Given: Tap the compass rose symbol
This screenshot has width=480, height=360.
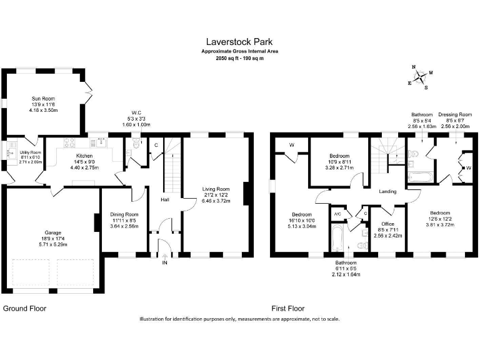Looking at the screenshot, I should pos(422,77).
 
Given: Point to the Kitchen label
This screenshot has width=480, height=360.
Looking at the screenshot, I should pos(84,156).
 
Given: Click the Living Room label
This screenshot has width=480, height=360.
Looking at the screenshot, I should pos(216,189).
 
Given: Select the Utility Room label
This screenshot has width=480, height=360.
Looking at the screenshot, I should pos(30,152).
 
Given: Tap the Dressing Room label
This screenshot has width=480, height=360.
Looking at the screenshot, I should pos(454,115).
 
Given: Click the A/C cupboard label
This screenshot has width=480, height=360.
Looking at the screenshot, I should pos(337,214).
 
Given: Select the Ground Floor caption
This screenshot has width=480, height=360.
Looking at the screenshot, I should pos(25,309).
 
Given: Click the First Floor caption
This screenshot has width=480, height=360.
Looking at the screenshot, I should pos(287,309).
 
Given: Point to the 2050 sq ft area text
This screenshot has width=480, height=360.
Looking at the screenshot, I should pos(239,57).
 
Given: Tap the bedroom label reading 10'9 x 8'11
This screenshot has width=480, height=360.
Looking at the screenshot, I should pos(339,156).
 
